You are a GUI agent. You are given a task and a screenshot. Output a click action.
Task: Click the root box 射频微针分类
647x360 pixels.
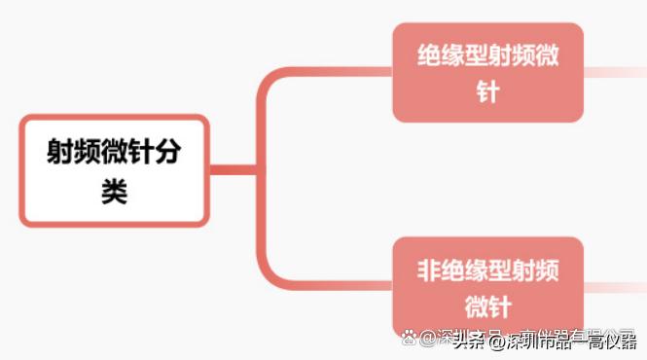(x=114, y=170)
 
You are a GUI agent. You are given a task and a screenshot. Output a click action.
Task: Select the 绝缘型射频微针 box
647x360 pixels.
(x=487, y=73)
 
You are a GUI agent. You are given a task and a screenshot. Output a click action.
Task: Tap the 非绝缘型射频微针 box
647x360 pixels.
(x=487, y=287)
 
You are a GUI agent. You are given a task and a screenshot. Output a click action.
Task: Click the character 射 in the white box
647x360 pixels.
(x=61, y=153)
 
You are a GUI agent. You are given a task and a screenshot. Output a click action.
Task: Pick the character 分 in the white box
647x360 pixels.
(x=167, y=153)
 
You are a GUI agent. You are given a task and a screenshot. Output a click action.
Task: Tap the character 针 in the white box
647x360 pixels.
(x=141, y=153)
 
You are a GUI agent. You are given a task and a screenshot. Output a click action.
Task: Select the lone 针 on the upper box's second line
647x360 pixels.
(x=487, y=92)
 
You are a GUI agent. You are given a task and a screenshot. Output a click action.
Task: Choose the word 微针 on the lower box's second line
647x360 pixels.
(x=487, y=306)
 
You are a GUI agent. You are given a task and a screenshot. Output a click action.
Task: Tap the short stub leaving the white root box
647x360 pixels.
(x=234, y=170)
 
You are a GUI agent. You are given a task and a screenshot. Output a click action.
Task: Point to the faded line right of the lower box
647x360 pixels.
(x=613, y=287)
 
